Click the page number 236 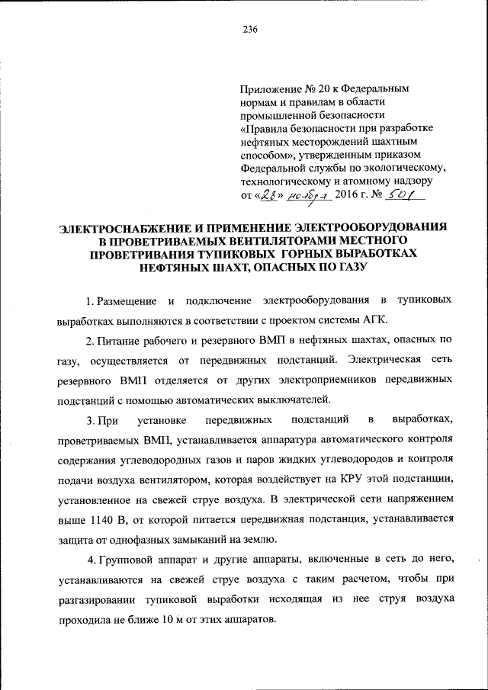(x=250, y=30)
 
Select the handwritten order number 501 (x=403, y=195)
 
